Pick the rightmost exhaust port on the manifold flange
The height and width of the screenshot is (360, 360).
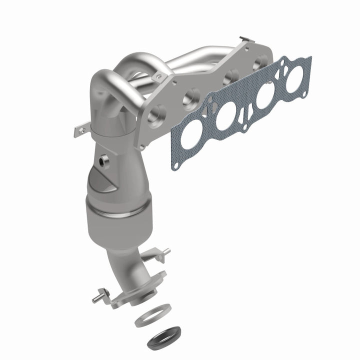click(259, 64)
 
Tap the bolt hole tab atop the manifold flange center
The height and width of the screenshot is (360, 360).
click(159, 76)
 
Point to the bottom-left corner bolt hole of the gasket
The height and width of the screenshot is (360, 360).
click(174, 164)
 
